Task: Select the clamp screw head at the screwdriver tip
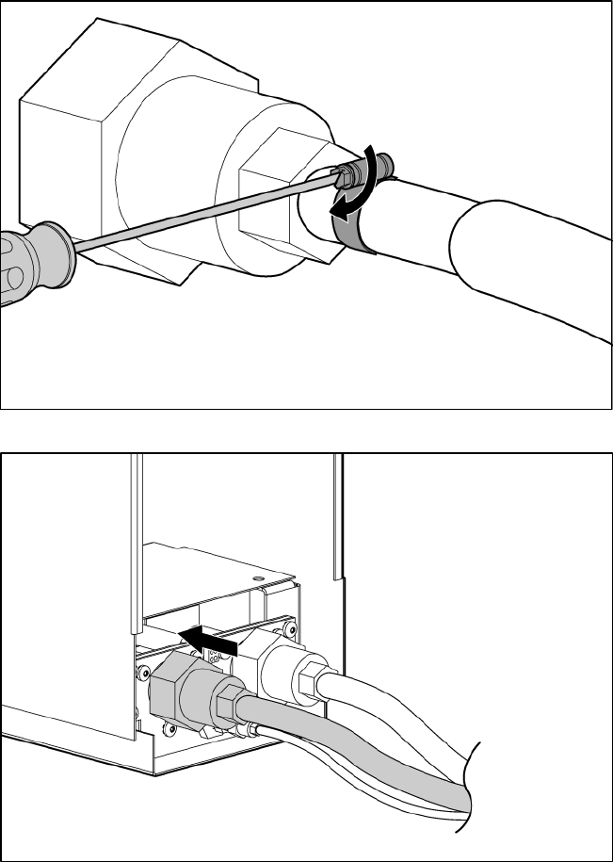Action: pos(351,171)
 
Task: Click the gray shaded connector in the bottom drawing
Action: pos(188,692)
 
